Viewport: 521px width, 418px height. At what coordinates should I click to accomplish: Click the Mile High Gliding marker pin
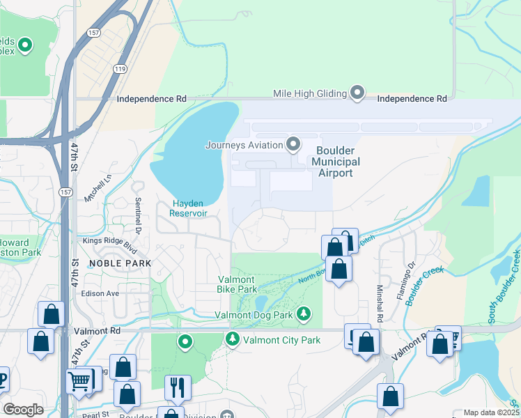pos(357,93)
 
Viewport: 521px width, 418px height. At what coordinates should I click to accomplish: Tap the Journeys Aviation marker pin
pos(293,145)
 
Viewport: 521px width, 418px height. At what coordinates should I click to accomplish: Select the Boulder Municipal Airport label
pos(336,162)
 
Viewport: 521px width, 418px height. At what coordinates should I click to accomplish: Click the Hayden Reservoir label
pos(190,208)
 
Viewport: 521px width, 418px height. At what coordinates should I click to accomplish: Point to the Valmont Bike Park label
pos(237,284)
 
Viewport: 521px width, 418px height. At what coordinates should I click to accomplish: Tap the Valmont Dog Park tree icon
pos(304,314)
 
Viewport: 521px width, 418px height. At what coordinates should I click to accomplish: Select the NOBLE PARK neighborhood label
pos(115,263)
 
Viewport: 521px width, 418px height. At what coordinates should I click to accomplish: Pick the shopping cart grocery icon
pos(79,381)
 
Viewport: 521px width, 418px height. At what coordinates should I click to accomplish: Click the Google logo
pos(24,410)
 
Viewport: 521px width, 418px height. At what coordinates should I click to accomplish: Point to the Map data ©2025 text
pos(491,412)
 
